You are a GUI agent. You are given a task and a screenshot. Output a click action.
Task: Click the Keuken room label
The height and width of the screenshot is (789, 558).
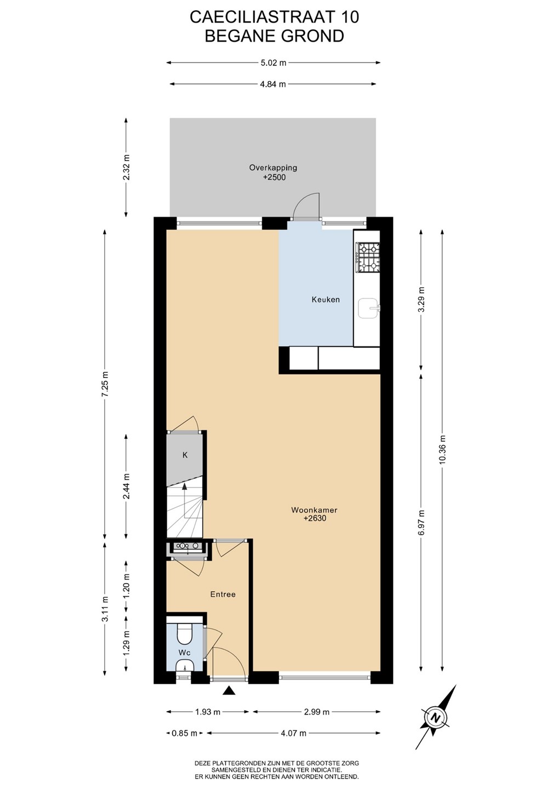(x=326, y=300)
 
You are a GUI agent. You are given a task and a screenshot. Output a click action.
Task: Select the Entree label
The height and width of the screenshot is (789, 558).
(x=223, y=594)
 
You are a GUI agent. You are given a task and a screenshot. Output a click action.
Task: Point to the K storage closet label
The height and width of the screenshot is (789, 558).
(x=185, y=455)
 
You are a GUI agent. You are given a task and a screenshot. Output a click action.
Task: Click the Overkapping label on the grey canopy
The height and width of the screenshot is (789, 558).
(x=273, y=168)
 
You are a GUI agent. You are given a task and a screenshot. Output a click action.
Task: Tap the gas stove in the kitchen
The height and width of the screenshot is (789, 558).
(x=368, y=258)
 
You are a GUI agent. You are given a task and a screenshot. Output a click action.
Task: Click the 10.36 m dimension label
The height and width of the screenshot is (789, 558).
(x=442, y=454)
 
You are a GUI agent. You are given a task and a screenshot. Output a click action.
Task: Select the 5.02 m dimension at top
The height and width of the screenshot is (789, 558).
(x=273, y=62)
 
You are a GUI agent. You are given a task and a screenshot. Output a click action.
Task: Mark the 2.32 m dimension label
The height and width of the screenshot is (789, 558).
(x=127, y=167)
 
